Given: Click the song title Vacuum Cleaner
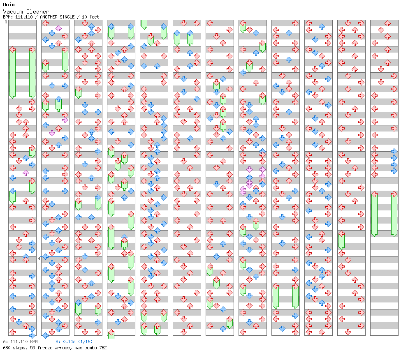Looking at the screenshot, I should pos(26,12).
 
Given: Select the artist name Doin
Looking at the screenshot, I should pos(9,5).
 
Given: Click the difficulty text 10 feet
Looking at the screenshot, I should pos(90,17).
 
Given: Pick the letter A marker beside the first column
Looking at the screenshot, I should pos(6,22).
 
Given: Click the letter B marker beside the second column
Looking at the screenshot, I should pos(39,258).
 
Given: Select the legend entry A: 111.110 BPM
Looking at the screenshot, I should pos(20,342).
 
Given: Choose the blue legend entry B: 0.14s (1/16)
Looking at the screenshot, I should pos(74,342).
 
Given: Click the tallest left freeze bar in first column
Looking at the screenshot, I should pos(12,73).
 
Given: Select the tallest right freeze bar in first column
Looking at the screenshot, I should pos(32,73).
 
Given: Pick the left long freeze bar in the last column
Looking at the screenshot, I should pos(374,214).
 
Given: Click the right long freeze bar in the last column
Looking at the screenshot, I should pos(394,214).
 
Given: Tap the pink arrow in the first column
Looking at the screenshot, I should pos(25,173).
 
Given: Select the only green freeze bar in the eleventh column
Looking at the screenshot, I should pos(341,241).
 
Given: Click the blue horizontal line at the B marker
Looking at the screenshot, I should pos(55,256).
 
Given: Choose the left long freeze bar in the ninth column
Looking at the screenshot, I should pos(276,296).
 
